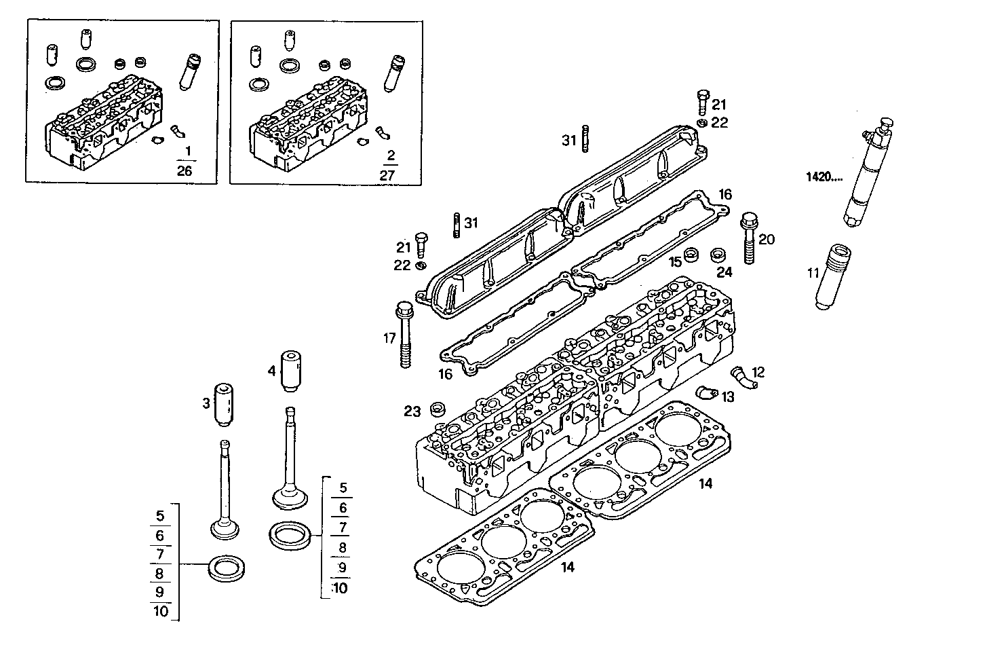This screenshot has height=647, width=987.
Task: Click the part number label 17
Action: [x=389, y=338]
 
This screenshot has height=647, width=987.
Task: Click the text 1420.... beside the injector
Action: [x=824, y=178]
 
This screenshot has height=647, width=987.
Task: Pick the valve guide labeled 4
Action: [x=291, y=371]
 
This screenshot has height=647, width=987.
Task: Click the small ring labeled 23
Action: [x=438, y=409]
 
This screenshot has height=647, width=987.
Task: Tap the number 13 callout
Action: [x=727, y=397]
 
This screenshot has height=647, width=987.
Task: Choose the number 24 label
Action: [x=724, y=272]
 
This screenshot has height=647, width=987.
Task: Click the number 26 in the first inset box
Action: [x=184, y=170]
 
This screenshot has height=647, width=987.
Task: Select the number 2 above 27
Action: [x=390, y=155]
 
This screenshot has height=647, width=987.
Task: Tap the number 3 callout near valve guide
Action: [x=206, y=404]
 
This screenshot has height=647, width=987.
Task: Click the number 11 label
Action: [x=813, y=274]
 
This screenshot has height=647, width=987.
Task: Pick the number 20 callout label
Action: [x=767, y=239]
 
